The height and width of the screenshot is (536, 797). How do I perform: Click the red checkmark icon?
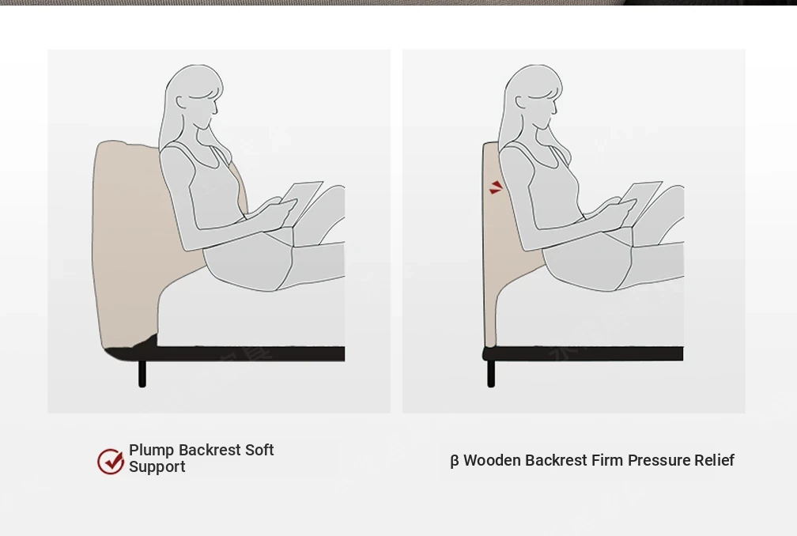click(111, 461)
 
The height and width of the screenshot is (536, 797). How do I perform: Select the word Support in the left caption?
click(157, 467)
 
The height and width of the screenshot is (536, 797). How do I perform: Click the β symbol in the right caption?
click(455, 461)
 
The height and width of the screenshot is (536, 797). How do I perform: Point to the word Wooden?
click(492, 460)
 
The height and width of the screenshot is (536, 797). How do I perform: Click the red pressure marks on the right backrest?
click(496, 187)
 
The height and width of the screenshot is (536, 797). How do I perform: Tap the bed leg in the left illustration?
click(142, 373)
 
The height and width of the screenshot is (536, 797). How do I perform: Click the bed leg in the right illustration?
click(491, 373)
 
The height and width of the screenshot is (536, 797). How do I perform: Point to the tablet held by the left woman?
click(301, 202)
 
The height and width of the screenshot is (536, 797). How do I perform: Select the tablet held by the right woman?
click(640, 202)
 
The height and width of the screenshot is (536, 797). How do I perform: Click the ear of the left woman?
click(182, 102)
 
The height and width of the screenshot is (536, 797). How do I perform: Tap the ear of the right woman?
click(521, 102)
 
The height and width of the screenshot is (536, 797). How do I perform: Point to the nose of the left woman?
click(216, 109)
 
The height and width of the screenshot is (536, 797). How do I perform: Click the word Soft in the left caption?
click(259, 450)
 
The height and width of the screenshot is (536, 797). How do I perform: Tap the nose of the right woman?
click(556, 109)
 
